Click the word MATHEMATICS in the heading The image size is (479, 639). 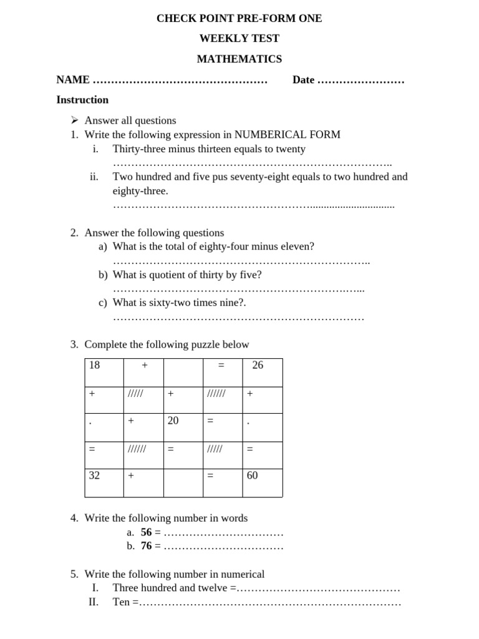click(239, 59)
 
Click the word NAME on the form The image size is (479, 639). click(73, 80)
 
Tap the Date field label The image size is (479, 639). click(303, 80)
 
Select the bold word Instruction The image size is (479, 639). click(82, 100)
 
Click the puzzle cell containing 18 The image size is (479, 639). click(104, 373)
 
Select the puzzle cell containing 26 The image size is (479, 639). click(262, 373)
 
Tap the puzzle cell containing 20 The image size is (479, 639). click(183, 427)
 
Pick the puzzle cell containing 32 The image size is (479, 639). click(104, 482)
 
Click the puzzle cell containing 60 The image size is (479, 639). click(262, 482)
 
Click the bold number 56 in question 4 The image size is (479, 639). click(147, 532)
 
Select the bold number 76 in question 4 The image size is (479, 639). click(147, 546)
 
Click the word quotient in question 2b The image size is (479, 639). click(165, 275)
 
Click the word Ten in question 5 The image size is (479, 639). click(120, 603)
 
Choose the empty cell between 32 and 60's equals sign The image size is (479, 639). click(183, 482)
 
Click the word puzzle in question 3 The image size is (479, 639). click(208, 344)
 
